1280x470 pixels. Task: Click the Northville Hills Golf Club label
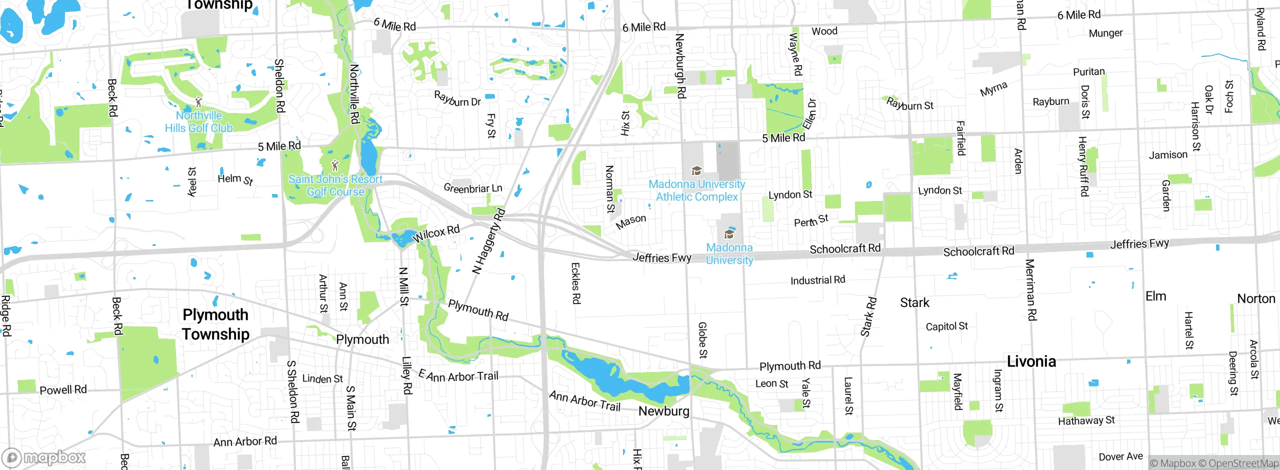click(199, 122)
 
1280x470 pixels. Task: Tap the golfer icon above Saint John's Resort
click(335, 165)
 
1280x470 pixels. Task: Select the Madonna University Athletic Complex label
click(696, 191)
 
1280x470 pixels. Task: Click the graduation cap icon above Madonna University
click(729, 233)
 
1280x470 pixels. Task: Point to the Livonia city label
click(1031, 361)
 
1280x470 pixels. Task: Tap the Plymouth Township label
click(215, 324)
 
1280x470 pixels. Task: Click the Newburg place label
click(663, 411)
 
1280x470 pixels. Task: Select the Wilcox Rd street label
click(436, 233)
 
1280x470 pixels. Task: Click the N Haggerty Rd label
click(488, 241)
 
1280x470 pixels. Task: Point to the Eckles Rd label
click(575, 283)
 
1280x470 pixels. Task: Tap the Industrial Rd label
click(817, 280)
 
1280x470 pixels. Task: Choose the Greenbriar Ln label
click(472, 188)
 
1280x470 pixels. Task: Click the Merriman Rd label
click(1031, 289)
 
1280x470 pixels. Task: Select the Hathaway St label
click(1086, 420)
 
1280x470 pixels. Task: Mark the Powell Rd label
click(63, 389)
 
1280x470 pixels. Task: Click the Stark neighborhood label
click(914, 302)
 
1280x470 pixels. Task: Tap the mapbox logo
click(44, 457)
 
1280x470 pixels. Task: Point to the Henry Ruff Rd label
click(1083, 166)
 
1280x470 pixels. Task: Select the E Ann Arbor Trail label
click(458, 376)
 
